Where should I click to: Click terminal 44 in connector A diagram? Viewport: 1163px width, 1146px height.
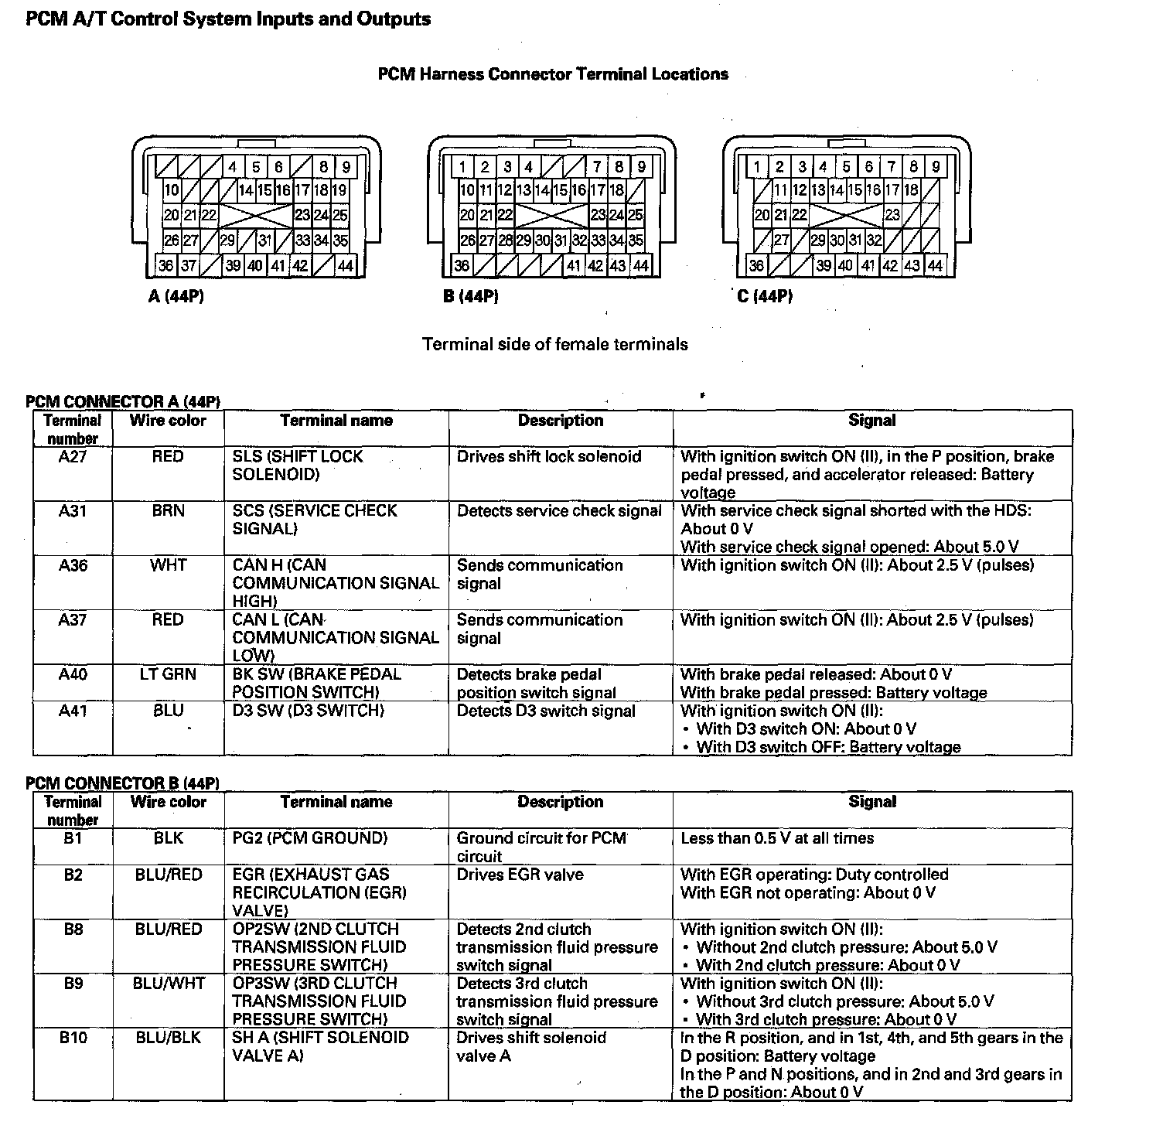[345, 266]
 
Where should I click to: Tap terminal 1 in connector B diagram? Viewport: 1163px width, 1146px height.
[462, 167]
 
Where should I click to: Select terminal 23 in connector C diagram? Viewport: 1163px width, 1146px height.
[892, 215]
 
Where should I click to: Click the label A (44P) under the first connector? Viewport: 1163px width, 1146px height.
[176, 296]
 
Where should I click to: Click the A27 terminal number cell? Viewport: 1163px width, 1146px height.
[73, 456]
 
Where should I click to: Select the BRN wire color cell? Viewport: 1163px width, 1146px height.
[168, 511]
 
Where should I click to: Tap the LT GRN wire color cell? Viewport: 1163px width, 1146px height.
[168, 674]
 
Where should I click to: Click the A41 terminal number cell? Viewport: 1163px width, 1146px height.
[73, 711]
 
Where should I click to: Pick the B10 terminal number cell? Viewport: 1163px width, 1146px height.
[73, 1038]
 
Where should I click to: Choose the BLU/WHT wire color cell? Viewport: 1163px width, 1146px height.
[168, 984]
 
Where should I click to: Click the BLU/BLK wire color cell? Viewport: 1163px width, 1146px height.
[168, 1038]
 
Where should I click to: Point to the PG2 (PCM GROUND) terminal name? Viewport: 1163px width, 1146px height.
[309, 838]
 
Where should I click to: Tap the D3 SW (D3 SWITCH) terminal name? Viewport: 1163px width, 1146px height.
[308, 711]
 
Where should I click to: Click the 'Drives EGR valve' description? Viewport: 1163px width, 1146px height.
[520, 875]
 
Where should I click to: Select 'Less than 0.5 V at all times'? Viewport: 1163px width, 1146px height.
[777, 838]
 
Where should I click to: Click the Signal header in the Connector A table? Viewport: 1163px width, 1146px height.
[871, 421]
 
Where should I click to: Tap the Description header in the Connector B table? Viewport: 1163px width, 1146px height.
[560, 802]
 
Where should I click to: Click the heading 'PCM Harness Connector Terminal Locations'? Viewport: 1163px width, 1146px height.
[553, 74]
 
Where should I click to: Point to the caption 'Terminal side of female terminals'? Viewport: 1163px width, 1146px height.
[554, 344]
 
